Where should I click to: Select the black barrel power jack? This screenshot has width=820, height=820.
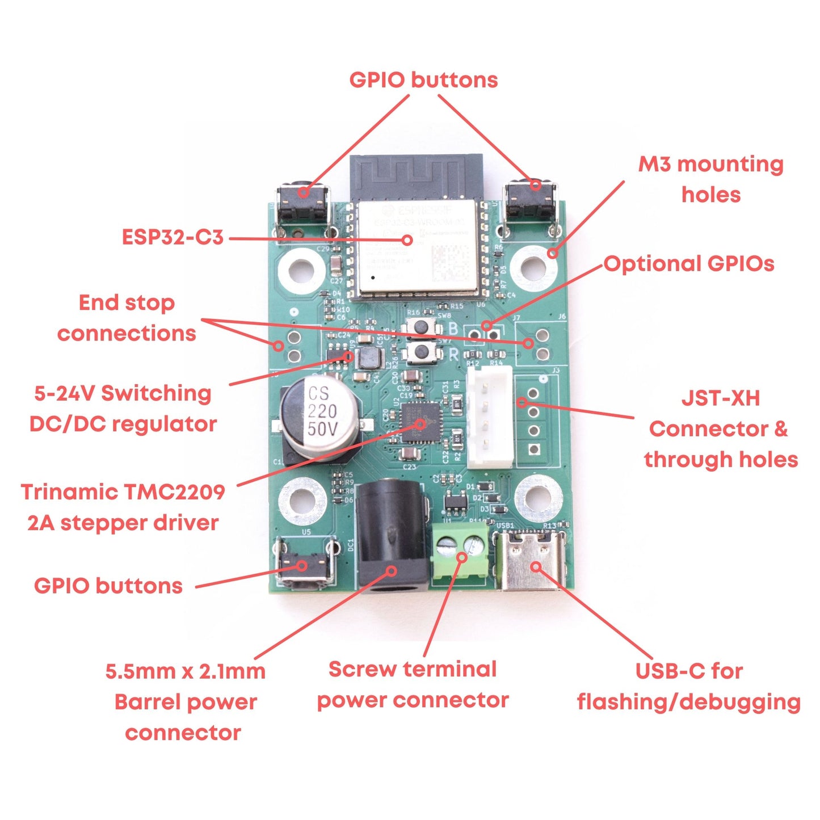pos(392,539)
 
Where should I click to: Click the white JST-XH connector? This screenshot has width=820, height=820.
pos(489,417)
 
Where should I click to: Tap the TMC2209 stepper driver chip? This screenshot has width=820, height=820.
pos(420,423)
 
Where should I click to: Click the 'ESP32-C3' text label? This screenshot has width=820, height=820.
pos(173,237)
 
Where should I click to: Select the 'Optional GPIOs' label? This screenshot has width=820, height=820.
pos(689,264)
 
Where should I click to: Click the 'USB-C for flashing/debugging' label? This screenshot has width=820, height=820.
pos(688,687)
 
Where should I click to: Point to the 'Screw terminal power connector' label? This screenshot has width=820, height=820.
pos(413,685)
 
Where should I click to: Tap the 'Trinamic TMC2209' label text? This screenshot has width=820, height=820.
pos(123,493)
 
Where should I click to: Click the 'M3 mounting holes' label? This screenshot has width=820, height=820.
pos(710,179)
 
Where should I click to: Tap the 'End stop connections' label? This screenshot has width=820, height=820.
pos(127,318)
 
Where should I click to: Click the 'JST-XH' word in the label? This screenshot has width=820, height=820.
pos(720,398)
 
